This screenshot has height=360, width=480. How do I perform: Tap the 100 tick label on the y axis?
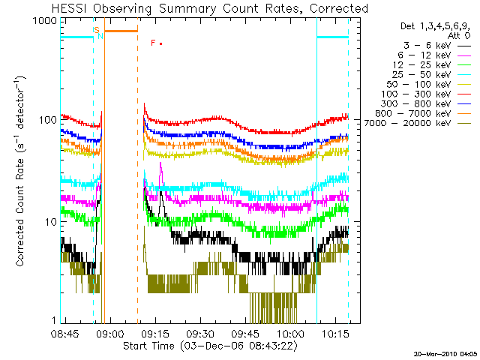pyautogui.click(x=46, y=121)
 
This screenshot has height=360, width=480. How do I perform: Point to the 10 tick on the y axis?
pyautogui.click(x=49, y=222)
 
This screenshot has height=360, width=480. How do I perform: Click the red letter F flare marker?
pyautogui.click(x=153, y=43)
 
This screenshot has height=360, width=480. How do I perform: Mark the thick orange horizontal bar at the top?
pyautogui.click(x=121, y=31)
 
